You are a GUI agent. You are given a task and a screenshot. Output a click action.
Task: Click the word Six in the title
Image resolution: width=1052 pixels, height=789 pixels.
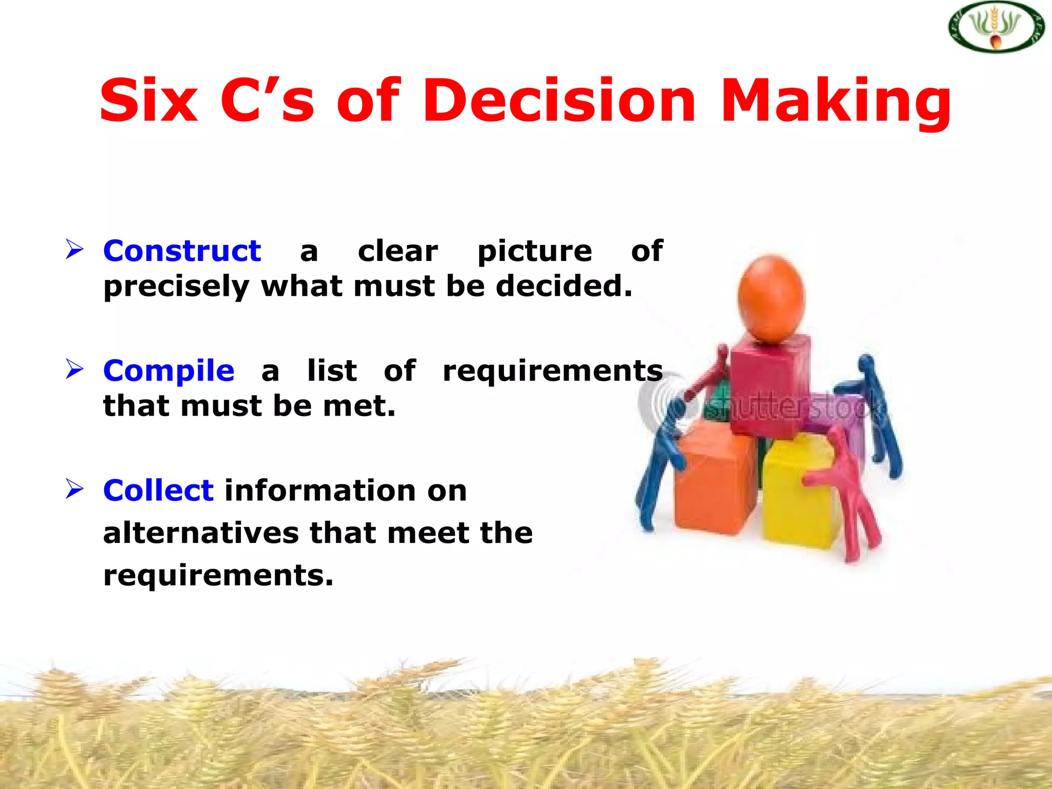coord(148,101)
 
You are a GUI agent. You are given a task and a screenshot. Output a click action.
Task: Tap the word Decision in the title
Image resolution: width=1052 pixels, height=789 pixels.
coord(558,101)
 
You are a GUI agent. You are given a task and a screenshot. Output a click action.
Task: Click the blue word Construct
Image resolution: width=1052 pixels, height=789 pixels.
coord(182,251)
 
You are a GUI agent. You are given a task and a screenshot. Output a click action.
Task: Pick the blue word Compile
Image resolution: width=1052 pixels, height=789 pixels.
coord(168,370)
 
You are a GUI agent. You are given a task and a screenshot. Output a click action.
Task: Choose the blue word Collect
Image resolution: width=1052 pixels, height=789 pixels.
coord(158,490)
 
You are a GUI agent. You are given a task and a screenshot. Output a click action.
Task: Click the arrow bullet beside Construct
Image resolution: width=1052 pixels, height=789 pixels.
coord(74,250)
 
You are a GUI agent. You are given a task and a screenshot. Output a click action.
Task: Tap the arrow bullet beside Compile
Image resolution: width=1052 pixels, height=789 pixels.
coord(74,369)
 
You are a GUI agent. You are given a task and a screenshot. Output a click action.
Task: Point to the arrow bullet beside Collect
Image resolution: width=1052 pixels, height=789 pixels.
coord(74,489)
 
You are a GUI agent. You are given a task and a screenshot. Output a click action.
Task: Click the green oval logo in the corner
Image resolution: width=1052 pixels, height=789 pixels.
coord(996,27)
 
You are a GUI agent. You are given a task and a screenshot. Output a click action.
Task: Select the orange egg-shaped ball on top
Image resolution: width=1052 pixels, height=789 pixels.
coord(771,298)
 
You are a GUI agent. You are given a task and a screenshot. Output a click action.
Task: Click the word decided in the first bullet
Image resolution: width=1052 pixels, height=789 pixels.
coord(563,286)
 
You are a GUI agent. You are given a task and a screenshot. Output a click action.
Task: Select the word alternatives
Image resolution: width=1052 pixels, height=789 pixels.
coord(200,533)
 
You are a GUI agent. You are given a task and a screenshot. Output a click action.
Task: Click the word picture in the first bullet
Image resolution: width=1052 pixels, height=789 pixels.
coord(534,252)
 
